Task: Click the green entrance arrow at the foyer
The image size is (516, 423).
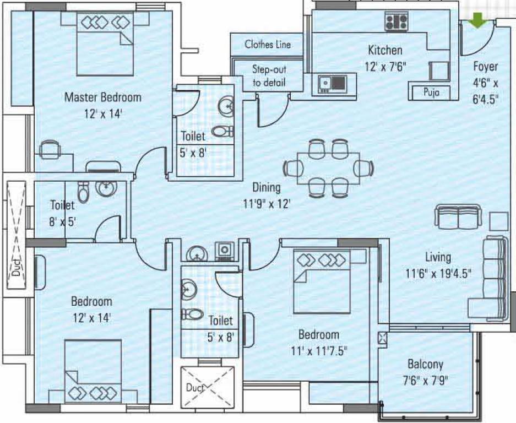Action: pos(477,20)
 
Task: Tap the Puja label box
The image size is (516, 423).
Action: pos(432,92)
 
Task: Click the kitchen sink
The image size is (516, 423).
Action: pos(332,84)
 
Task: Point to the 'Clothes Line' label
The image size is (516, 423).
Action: pos(267,45)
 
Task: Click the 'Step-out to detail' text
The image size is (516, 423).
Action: pos(269,76)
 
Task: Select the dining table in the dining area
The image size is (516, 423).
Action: pos(328,168)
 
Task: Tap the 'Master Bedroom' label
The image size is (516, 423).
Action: pos(103,97)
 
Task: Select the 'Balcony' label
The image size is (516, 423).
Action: pos(425,364)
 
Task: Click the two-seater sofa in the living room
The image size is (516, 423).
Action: pos(458,217)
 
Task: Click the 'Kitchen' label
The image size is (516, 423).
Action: pos(385,50)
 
